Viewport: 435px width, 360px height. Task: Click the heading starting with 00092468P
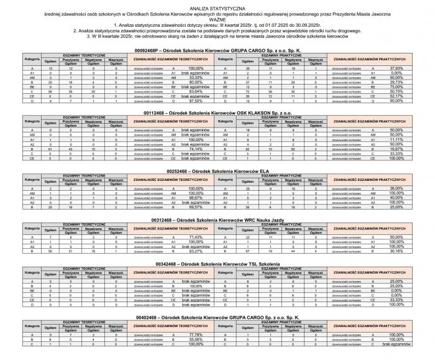(217, 49)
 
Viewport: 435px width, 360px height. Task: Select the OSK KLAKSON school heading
(217, 111)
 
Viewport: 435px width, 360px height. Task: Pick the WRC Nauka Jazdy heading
(217, 219)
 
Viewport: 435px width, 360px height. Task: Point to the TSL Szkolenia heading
(217, 264)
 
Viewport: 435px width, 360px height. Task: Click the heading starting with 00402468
(217, 316)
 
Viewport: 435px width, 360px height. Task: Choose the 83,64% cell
(196, 91)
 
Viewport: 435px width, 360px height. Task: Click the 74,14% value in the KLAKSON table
(196, 149)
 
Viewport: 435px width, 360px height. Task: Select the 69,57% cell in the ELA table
(196, 206)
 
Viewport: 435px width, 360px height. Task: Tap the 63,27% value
(196, 252)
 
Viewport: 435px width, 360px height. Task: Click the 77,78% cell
(196, 335)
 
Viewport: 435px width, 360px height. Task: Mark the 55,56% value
(196, 339)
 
